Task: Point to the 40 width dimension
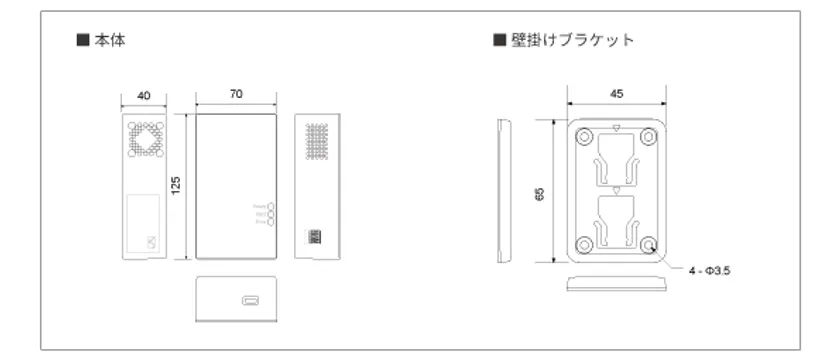pyautogui.click(x=144, y=95)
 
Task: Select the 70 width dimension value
pyautogui.click(x=236, y=94)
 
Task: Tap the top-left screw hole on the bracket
pyautogui.click(x=584, y=135)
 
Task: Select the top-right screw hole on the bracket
pyautogui.click(x=652, y=135)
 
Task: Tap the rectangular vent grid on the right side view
pyautogui.click(x=317, y=144)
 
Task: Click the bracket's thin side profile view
pyautogui.click(x=504, y=190)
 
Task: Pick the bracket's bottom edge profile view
pyautogui.click(x=618, y=282)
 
